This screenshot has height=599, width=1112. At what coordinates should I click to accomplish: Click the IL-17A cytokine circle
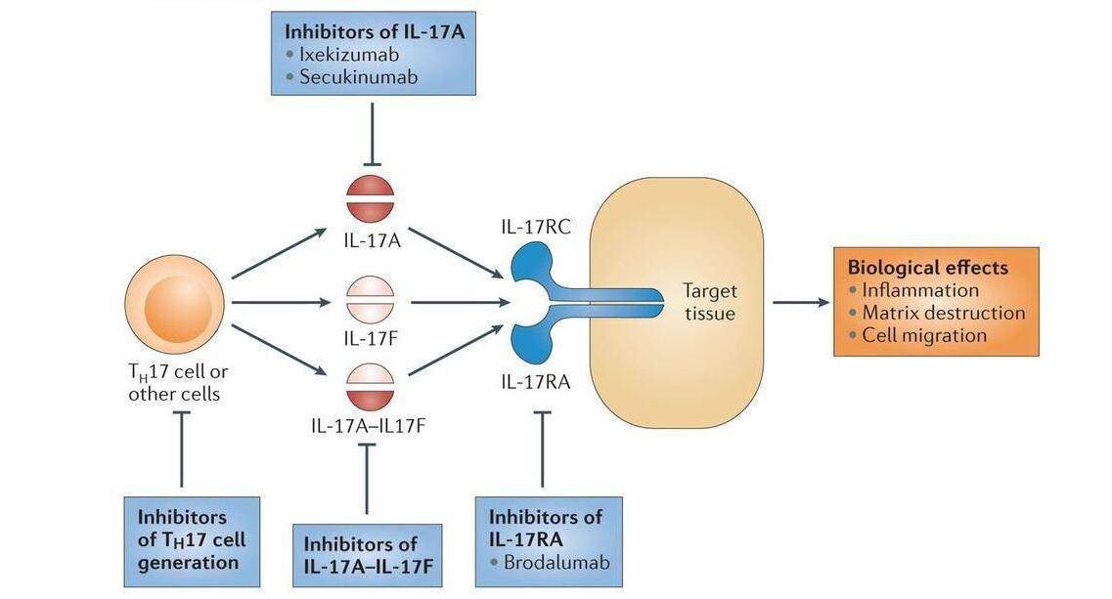(x=370, y=199)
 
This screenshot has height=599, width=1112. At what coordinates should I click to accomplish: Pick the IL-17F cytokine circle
(x=370, y=300)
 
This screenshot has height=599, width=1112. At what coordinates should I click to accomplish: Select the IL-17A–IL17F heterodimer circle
(x=370, y=386)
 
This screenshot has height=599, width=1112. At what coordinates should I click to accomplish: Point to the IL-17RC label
(x=536, y=228)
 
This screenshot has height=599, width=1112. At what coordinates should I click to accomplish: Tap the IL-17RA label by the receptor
(x=535, y=383)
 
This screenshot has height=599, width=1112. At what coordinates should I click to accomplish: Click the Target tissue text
(x=709, y=302)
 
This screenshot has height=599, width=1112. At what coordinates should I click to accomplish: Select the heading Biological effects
(x=927, y=267)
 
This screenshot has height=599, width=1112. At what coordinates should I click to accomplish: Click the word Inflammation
(x=919, y=290)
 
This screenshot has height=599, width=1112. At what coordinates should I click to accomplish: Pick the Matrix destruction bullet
(x=943, y=313)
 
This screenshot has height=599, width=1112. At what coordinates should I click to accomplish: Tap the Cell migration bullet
(x=924, y=335)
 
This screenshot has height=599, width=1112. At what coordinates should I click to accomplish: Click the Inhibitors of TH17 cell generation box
(x=192, y=540)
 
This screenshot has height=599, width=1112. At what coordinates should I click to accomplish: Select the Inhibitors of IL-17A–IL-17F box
(x=367, y=556)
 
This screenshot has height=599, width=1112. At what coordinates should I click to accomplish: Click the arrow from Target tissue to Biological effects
(x=800, y=302)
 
